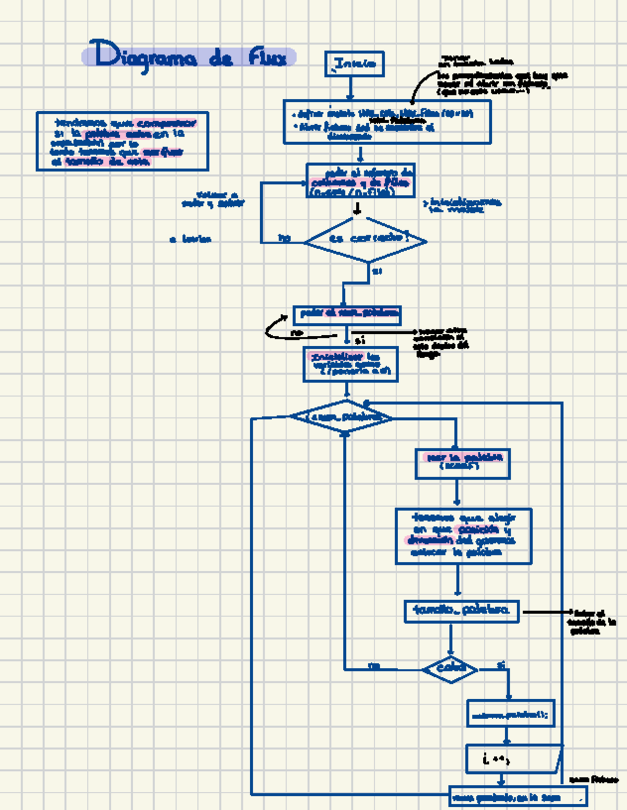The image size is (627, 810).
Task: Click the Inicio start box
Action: [x=354, y=64]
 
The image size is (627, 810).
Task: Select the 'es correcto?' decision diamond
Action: [x=366, y=240]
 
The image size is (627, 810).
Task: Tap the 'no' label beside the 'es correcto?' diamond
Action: [x=284, y=238]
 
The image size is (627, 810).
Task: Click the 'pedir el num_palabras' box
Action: [x=347, y=314]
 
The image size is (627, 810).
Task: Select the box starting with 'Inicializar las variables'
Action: [x=350, y=364]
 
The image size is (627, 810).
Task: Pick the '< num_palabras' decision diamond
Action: [x=342, y=417]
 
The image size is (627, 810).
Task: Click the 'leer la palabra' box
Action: [x=462, y=463]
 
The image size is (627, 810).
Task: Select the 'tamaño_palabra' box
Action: [x=461, y=611]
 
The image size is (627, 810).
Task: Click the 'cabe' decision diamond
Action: [x=450, y=668]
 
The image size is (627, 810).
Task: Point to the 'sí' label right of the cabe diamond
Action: [x=501, y=665]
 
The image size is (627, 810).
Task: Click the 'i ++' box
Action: [x=512, y=759]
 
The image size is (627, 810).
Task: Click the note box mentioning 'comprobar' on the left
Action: [x=122, y=141]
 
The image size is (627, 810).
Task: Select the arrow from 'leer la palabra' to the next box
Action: [x=457, y=493]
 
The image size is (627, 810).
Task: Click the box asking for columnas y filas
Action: [x=361, y=181]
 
